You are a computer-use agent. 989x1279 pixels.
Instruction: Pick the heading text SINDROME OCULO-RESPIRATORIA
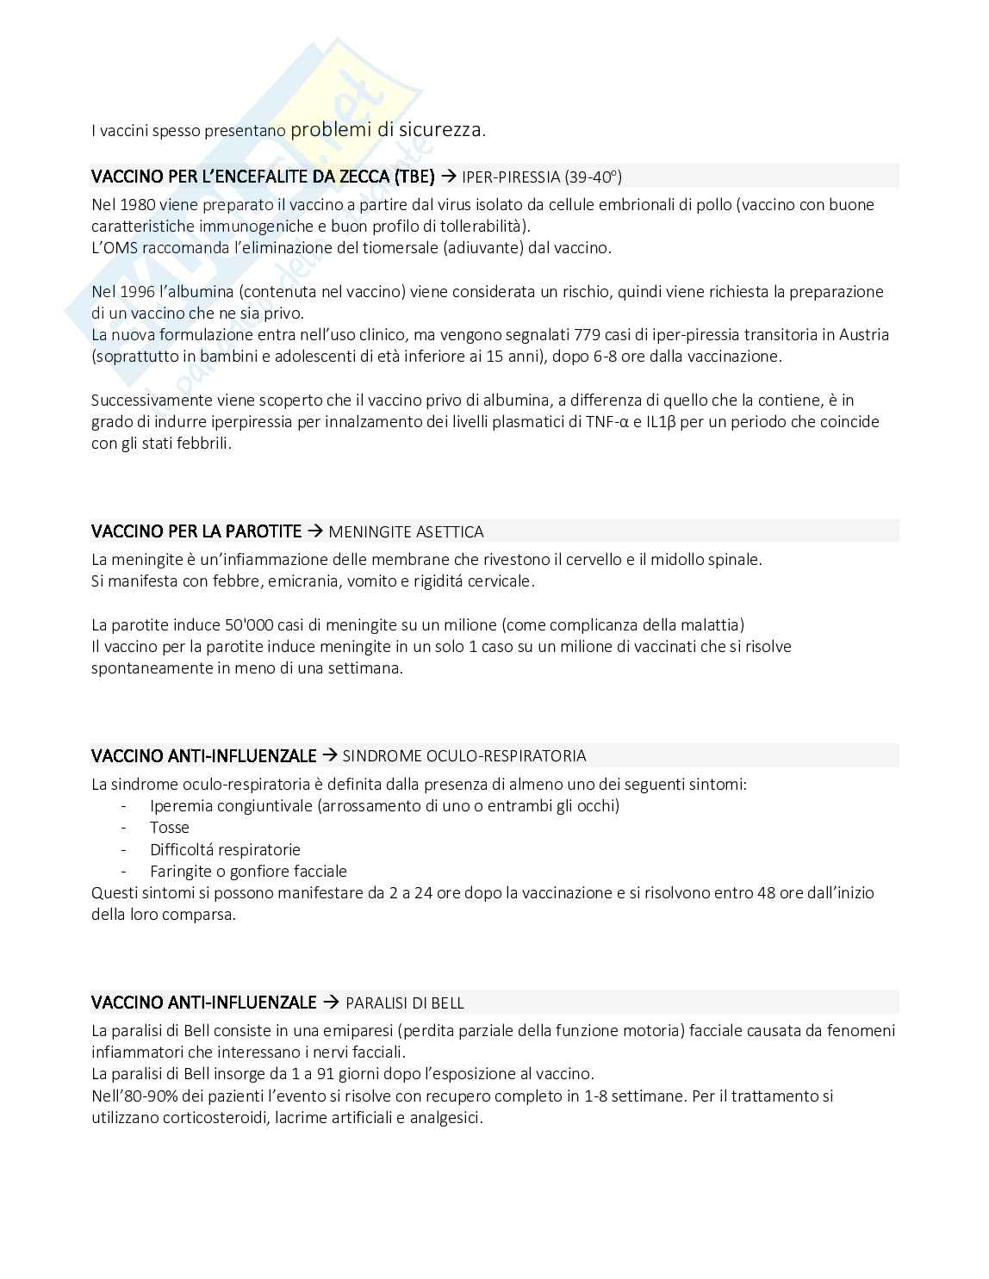464,756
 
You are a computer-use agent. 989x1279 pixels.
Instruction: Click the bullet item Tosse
169,828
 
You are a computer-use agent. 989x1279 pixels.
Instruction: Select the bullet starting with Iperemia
384,806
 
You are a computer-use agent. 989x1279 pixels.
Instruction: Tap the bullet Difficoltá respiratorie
225,849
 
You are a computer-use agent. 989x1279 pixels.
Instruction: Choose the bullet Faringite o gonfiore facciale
248,871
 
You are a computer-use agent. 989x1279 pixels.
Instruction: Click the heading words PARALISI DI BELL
405,1003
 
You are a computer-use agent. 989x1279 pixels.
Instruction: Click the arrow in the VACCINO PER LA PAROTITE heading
314,531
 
